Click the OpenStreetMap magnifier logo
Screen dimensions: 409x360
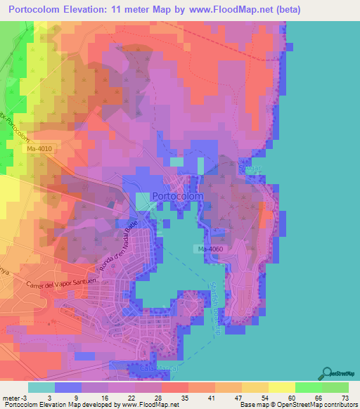point(328,373)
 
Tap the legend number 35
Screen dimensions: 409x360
point(184,397)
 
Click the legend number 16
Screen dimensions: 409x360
point(105,397)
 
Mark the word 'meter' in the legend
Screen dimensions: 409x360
point(12,397)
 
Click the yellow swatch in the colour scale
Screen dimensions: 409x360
point(282,387)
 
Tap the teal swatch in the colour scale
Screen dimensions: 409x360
point(41,387)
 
